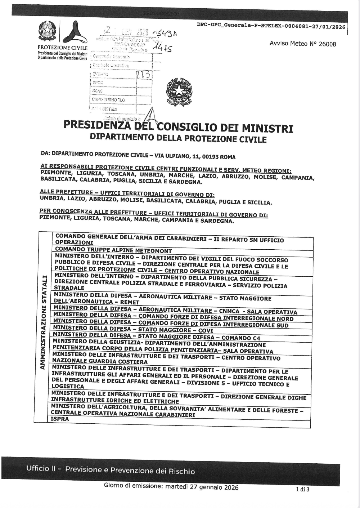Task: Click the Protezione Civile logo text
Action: pyautogui.click(x=62, y=48)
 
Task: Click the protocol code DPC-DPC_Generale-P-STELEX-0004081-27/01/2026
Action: pyautogui.click(x=271, y=26)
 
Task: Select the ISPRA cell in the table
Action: pyautogui.click(x=59, y=419)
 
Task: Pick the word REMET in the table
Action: pyautogui.click(x=130, y=302)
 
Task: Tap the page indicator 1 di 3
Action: pyautogui.click(x=302, y=489)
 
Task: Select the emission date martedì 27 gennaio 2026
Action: pyautogui.click(x=202, y=487)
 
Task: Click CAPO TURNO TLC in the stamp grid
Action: pyautogui.click(x=108, y=99)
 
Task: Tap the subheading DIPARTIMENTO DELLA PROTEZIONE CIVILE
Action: pyautogui.click(x=178, y=138)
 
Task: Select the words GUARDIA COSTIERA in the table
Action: pyautogui.click(x=118, y=362)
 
